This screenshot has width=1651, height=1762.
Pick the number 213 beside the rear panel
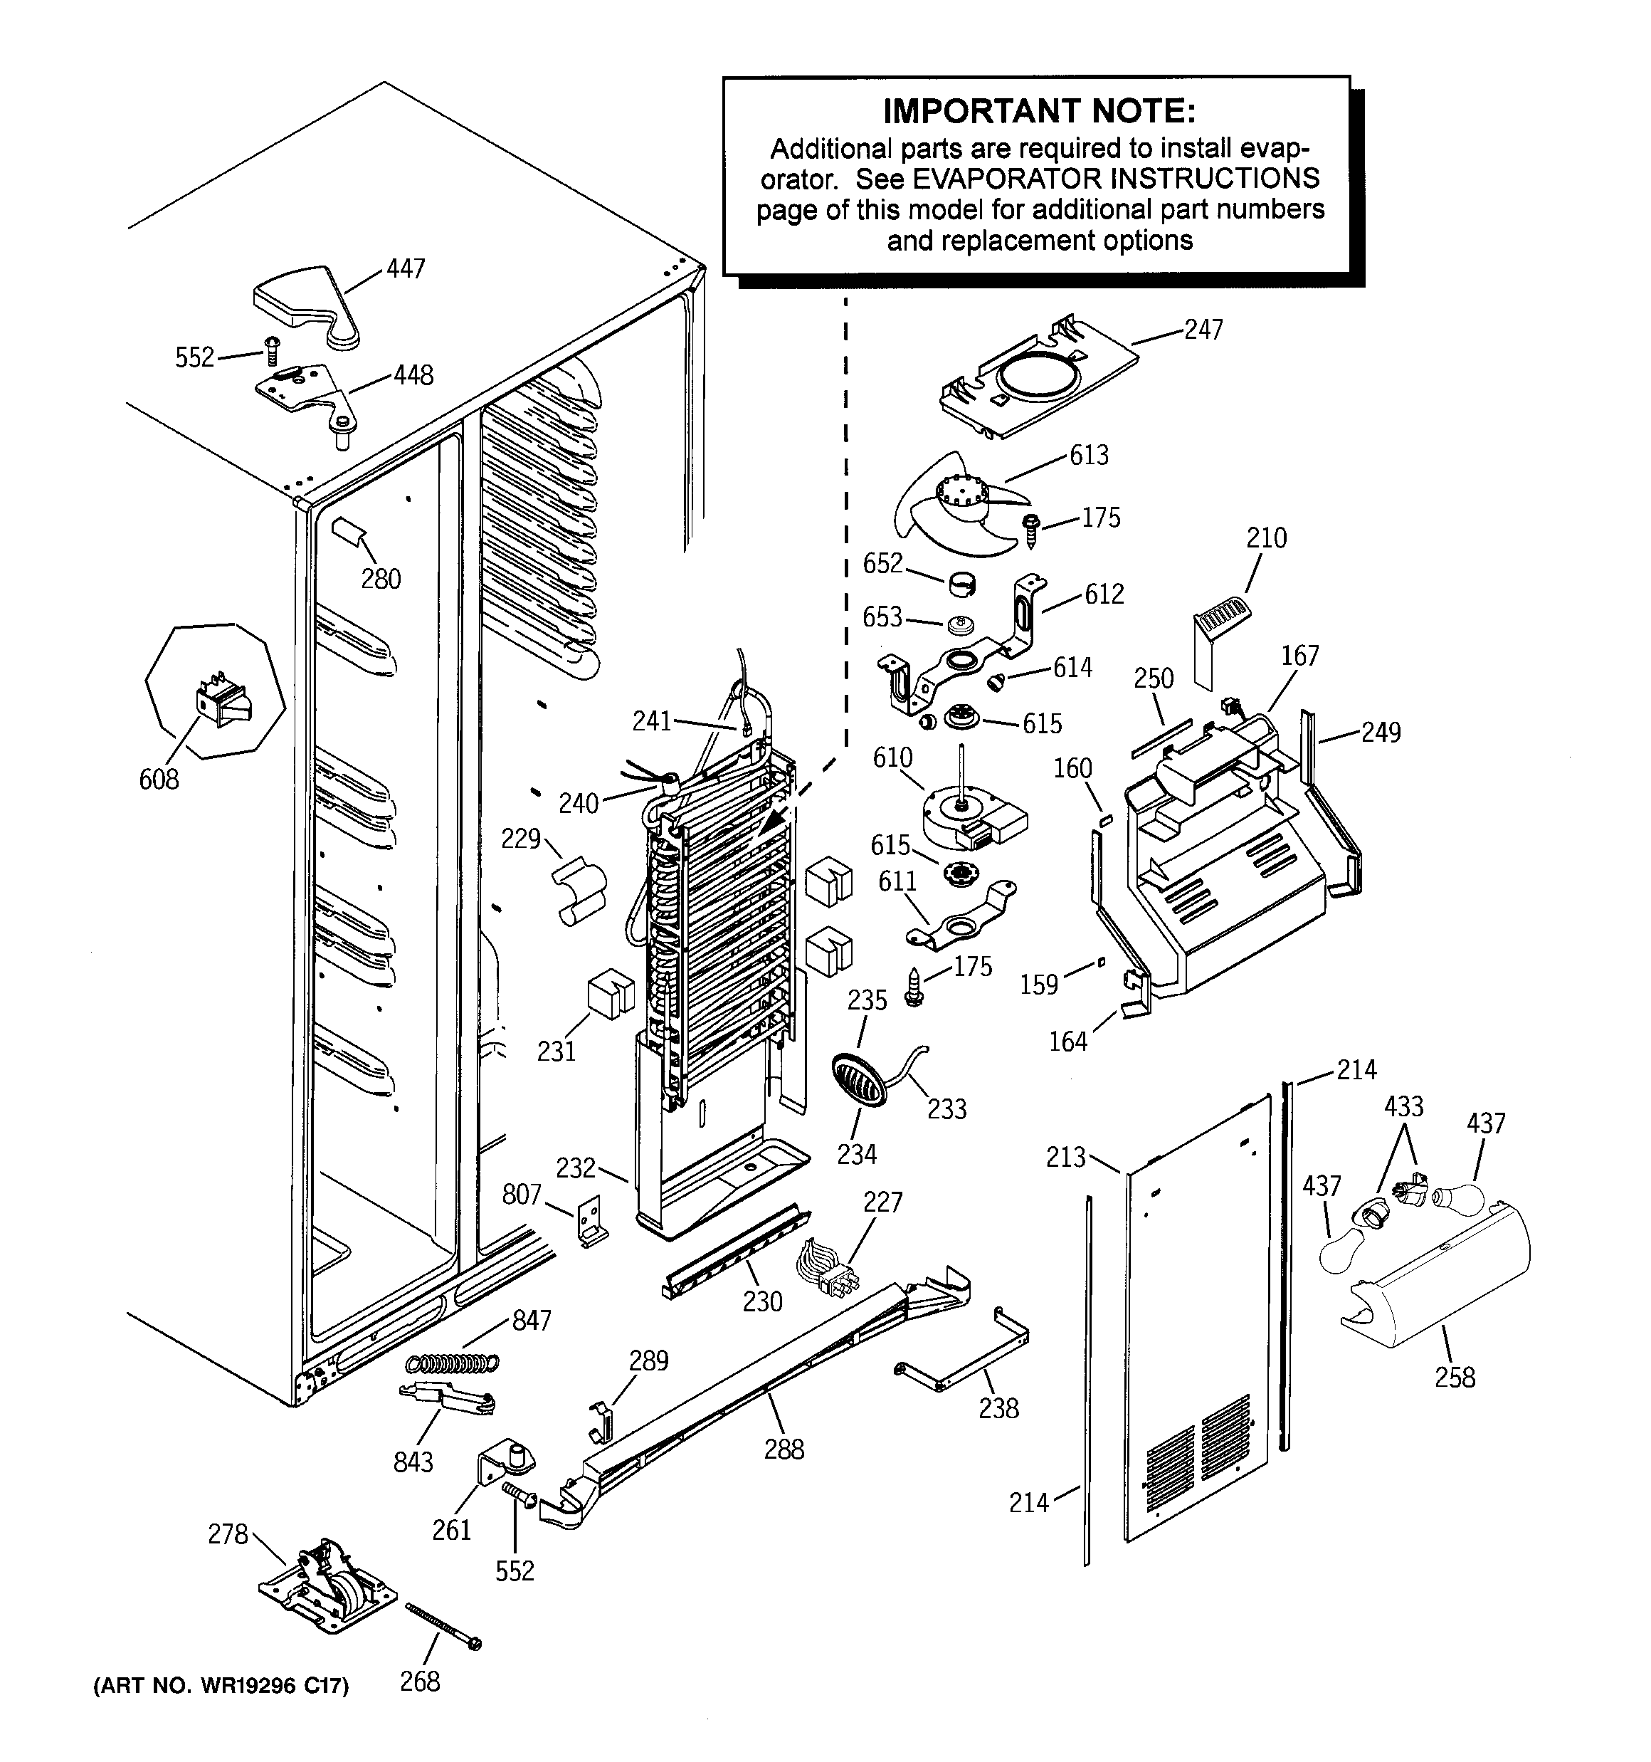coord(1065,1157)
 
